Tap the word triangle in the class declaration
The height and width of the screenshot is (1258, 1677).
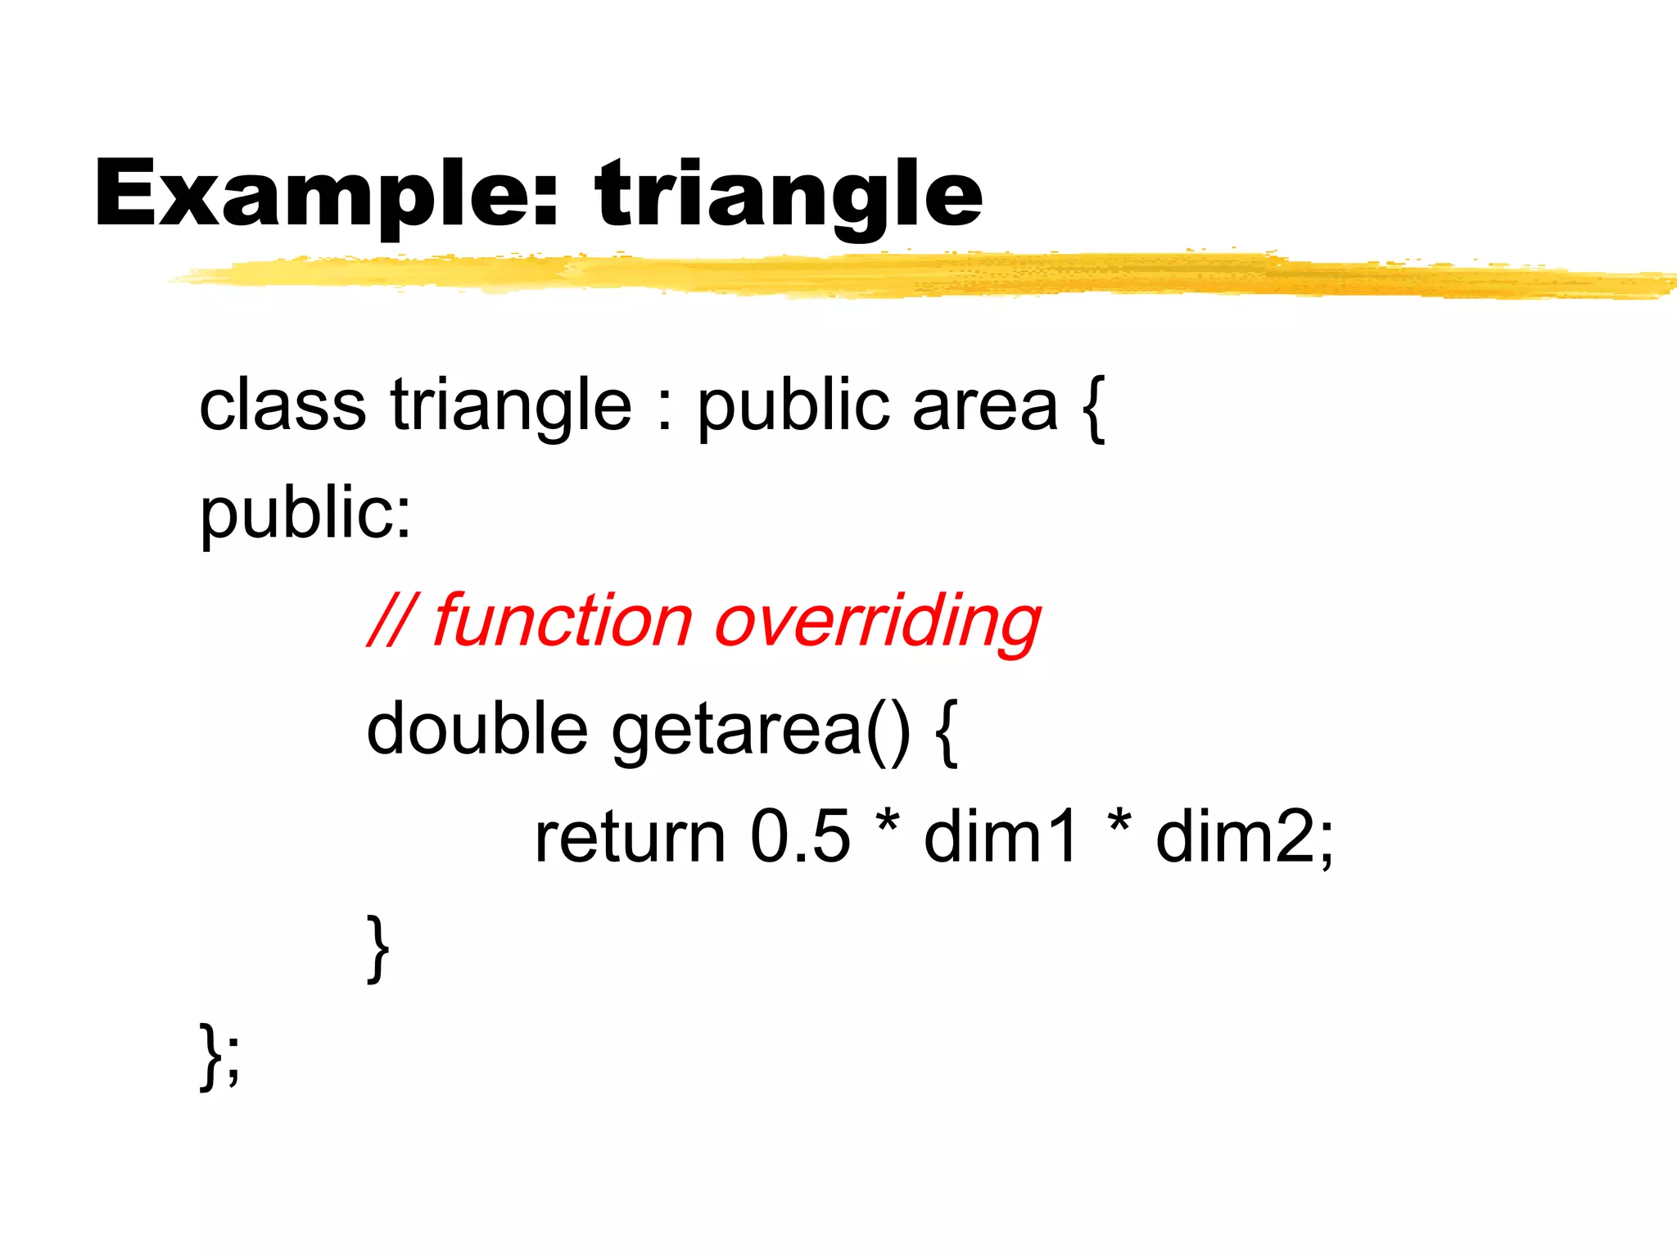511,406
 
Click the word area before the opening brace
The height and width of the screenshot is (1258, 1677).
984,406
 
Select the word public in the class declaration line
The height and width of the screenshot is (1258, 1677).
793,406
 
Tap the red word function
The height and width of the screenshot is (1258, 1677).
562,621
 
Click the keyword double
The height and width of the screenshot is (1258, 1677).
477,728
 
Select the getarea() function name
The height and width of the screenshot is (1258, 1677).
760,730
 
